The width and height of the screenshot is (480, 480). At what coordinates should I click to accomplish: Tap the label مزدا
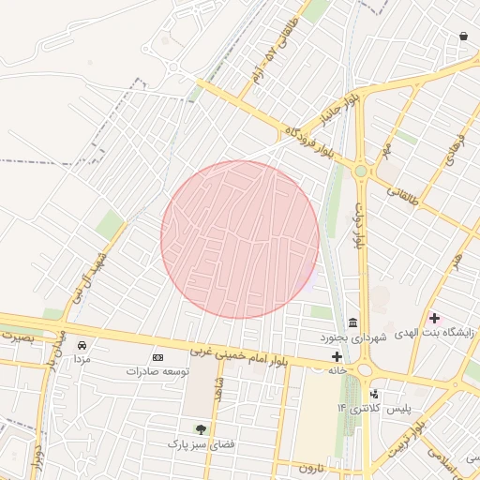pyautogui.click(x=82, y=360)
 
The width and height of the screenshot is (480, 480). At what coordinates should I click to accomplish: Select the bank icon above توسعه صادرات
pyautogui.click(x=157, y=358)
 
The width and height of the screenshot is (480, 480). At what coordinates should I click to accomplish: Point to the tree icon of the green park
pyautogui.click(x=199, y=428)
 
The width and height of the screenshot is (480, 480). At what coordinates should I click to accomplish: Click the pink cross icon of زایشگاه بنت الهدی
pyautogui.click(x=434, y=318)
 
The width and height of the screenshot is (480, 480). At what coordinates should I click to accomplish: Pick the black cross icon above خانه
pyautogui.click(x=337, y=356)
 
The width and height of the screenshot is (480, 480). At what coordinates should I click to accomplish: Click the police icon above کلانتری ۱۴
pyautogui.click(x=375, y=394)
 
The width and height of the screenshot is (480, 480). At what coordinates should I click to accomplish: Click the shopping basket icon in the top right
pyautogui.click(x=463, y=37)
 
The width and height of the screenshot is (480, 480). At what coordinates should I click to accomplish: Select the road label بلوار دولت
pyautogui.click(x=359, y=226)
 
